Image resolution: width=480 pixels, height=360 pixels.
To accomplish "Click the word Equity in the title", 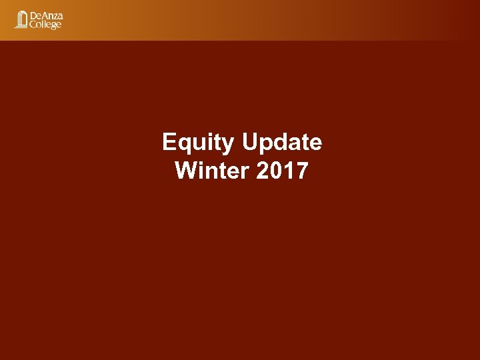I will click(x=198, y=143).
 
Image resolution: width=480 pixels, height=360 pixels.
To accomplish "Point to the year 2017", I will click(x=282, y=171).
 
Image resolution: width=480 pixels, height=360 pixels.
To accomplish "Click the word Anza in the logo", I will click(x=53, y=15).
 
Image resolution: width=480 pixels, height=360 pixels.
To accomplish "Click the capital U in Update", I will click(x=250, y=143).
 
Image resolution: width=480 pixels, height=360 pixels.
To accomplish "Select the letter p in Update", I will click(x=266, y=145).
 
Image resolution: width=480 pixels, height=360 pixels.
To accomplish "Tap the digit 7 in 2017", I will click(x=302, y=171).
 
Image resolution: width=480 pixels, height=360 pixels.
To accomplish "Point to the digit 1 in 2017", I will click(x=288, y=171).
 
